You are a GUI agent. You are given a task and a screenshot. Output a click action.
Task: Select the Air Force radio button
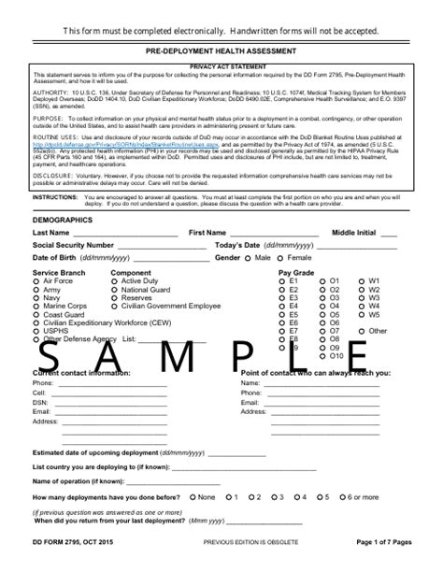(36, 280)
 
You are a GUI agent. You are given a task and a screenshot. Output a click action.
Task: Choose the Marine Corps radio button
(36, 306)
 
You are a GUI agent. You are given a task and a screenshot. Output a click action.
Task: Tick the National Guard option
(115, 289)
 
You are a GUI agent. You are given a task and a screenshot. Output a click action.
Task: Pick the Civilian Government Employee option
(115, 306)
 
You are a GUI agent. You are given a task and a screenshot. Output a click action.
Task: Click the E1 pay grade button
(282, 280)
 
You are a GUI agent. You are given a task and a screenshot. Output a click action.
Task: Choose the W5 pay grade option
(363, 314)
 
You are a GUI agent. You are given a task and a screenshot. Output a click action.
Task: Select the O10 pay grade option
(323, 356)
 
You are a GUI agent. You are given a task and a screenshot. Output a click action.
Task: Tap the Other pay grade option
(363, 331)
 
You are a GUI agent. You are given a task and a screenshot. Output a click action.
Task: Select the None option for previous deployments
(192, 497)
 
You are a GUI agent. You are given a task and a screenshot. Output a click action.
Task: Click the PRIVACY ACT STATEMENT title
(221, 68)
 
